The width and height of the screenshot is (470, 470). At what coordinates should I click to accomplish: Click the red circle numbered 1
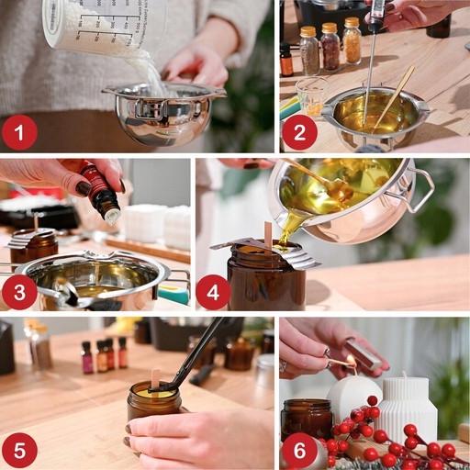[19, 132]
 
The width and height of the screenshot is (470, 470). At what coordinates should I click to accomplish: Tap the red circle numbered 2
[299, 132]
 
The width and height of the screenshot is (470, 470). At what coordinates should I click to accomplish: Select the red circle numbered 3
[19, 292]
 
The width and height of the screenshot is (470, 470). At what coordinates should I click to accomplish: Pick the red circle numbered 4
[213, 292]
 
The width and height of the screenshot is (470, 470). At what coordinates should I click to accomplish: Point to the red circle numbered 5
[19, 451]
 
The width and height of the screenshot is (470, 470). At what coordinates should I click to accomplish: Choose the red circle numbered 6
[299, 451]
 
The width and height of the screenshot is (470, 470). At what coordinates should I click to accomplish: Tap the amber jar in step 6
[307, 420]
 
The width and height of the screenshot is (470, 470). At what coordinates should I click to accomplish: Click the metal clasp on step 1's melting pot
[151, 108]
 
